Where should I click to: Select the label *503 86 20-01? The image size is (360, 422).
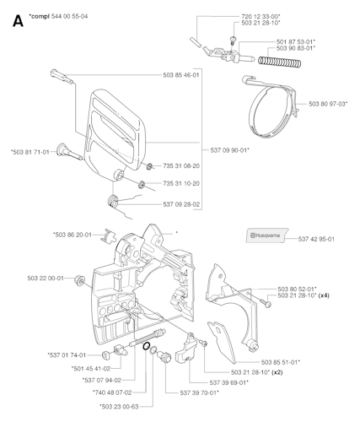click(x=73, y=235)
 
